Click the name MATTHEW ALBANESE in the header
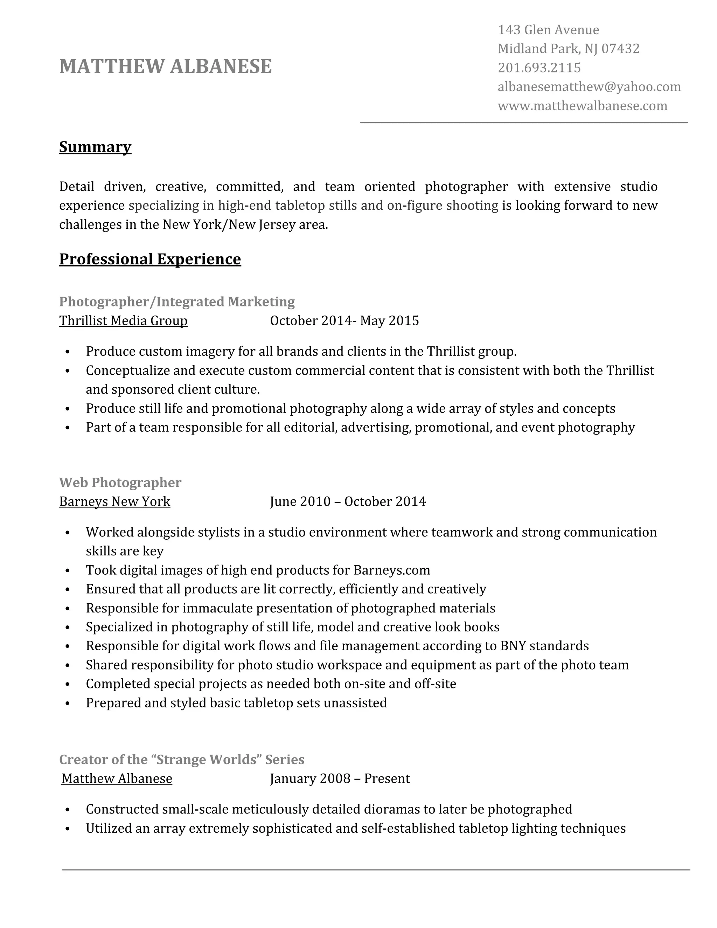(x=165, y=67)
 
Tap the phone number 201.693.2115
(x=539, y=68)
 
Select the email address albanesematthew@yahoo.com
(x=589, y=87)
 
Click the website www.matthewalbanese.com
(x=582, y=106)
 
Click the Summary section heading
(x=95, y=147)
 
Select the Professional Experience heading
(x=150, y=259)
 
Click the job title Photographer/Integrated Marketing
(x=177, y=302)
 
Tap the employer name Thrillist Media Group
(x=123, y=321)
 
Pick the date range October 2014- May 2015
(x=344, y=321)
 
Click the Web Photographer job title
(x=120, y=483)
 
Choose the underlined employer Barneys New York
(x=115, y=502)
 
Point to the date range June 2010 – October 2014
(x=347, y=502)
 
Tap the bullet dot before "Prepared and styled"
(x=68, y=704)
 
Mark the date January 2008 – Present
(x=340, y=779)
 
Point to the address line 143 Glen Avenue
(x=548, y=30)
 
